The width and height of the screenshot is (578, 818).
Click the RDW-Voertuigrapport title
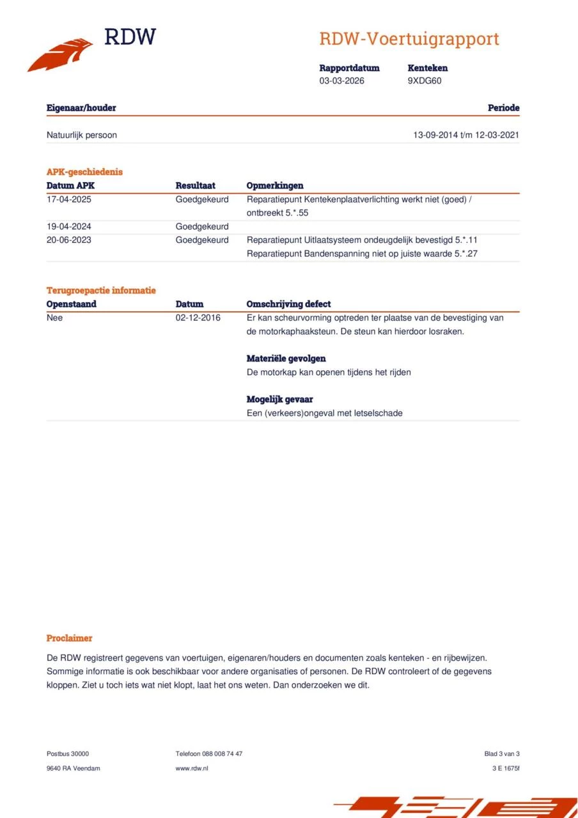click(409, 39)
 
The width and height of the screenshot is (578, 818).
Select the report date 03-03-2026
click(341, 81)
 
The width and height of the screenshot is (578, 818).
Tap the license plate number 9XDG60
click(424, 81)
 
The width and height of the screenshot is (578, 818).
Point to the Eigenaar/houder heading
click(81, 108)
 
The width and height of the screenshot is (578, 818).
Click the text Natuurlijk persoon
click(81, 135)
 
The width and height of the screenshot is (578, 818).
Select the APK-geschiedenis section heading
click(84, 172)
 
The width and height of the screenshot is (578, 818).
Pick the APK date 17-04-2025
click(70, 199)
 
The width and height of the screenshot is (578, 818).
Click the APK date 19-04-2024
click(70, 226)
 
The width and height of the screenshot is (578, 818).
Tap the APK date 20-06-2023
click(70, 240)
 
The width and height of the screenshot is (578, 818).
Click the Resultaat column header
click(195, 186)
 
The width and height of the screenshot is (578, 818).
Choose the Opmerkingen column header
click(275, 186)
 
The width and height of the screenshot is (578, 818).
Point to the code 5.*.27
click(466, 254)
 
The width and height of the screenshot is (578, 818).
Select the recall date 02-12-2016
click(198, 318)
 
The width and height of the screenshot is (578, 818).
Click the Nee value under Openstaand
click(55, 318)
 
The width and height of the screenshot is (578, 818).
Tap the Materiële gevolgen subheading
click(286, 359)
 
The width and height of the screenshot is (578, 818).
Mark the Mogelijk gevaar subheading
click(279, 399)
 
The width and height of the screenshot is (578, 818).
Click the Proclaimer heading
click(69, 638)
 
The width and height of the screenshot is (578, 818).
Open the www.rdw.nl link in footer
click(192, 768)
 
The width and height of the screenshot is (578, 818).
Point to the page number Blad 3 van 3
click(502, 753)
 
